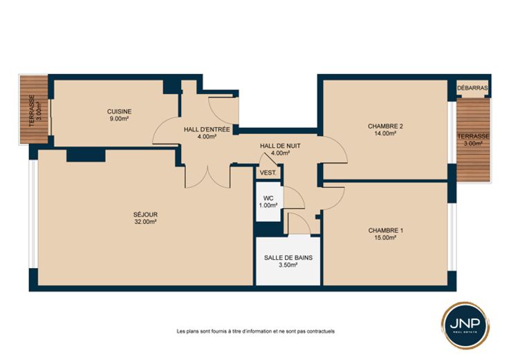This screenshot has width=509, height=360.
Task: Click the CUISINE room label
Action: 119,111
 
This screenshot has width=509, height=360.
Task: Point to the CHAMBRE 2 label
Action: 385,126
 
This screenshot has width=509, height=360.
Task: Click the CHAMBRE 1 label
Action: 386,231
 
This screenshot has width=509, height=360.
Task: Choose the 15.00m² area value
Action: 386,238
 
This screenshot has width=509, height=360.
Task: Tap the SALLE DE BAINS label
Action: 288,258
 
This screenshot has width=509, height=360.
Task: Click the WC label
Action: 268,198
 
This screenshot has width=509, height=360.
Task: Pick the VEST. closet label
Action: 268,173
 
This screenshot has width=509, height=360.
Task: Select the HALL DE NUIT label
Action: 280,146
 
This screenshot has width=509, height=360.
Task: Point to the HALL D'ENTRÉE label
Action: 207,130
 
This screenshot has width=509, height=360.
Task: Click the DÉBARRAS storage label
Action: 472,88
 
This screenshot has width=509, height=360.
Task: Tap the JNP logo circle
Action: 465,325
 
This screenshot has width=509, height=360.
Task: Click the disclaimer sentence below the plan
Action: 255,332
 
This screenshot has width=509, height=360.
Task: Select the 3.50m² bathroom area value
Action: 288,265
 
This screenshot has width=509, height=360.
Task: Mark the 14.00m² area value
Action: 385,133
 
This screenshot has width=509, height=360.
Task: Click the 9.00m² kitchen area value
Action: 119,119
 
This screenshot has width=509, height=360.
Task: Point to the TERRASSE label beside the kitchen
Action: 32,111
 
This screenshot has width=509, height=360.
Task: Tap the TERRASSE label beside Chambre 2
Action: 473,137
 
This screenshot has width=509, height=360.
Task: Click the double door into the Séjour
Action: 207,178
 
